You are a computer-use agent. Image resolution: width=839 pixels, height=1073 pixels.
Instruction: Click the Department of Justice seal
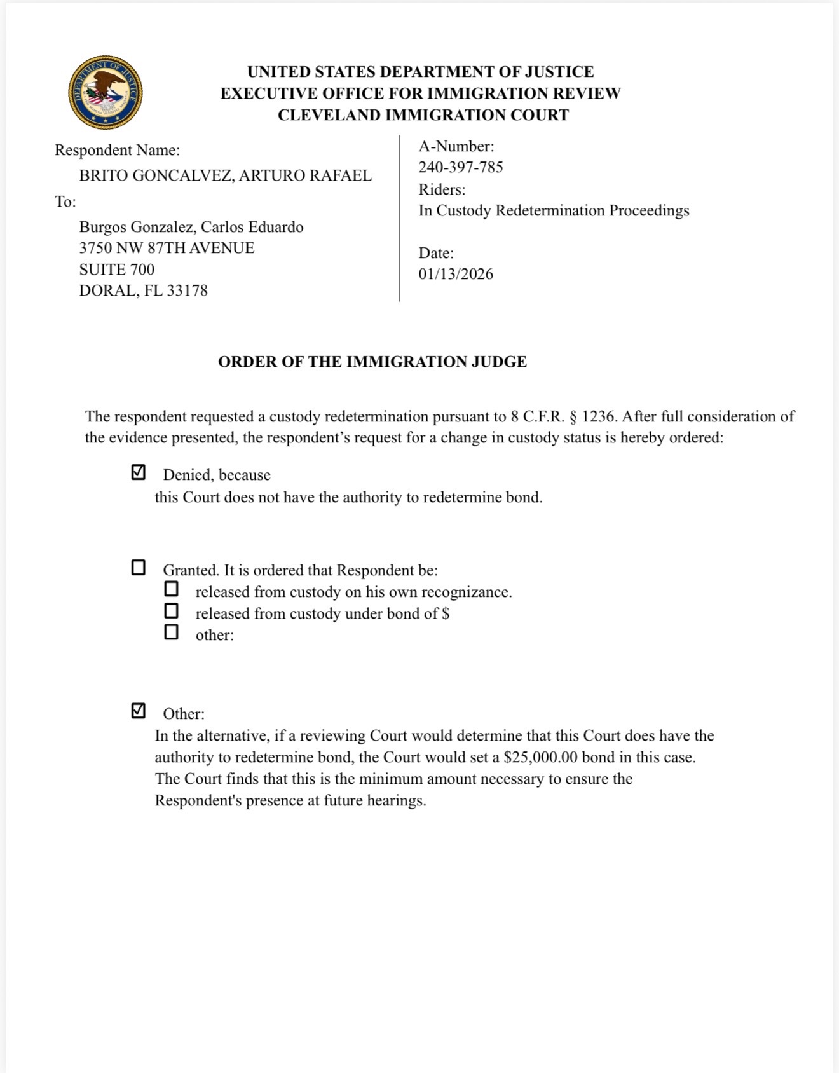coord(106,92)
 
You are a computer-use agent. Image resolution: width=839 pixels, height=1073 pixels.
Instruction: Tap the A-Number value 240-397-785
coord(460,167)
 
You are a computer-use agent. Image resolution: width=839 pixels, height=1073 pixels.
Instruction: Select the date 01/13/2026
coord(456,274)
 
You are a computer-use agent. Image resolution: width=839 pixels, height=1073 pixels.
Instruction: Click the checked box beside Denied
coord(138,472)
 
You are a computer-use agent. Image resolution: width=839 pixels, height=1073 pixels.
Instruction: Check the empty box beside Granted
coord(138,567)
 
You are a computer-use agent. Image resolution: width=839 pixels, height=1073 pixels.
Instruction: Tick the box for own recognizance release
coord(171,589)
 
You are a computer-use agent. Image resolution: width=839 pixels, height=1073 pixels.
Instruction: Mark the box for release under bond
coord(171,610)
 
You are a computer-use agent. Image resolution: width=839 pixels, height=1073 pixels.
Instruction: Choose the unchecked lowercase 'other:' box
coord(171,632)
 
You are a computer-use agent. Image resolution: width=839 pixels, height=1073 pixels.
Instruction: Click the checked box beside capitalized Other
coord(138,711)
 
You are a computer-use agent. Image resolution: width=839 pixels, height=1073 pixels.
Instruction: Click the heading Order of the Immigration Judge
coord(372,362)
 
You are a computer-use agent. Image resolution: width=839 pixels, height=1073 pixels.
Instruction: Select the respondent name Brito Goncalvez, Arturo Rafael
coord(225,175)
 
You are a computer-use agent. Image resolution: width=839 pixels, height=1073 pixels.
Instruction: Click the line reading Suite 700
coord(117,270)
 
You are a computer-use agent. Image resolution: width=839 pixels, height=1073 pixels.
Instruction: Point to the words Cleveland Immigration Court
coord(423,115)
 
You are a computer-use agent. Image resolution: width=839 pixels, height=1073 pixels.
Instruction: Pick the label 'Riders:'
coord(442,189)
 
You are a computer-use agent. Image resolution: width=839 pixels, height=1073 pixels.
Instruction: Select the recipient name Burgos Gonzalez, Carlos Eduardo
coord(191,227)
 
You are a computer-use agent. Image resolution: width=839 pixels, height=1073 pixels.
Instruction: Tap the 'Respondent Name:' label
coord(117,150)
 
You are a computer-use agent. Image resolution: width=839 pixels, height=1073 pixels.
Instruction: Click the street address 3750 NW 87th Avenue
coord(167,248)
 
